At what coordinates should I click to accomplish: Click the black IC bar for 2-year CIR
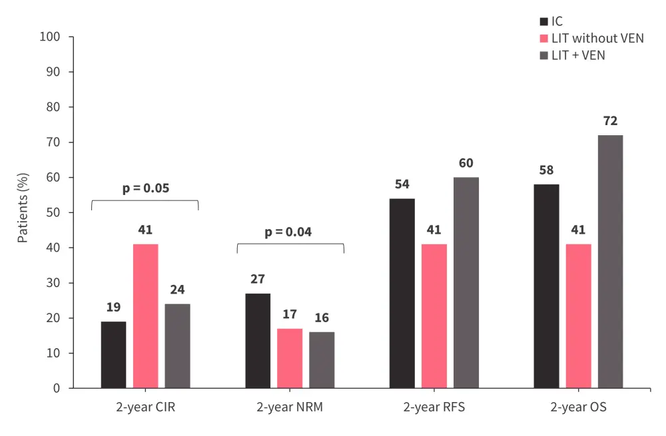pyautogui.click(x=113, y=355)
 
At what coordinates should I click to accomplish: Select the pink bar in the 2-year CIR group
pyautogui.click(x=145, y=316)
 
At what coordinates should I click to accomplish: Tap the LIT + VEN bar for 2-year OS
pyautogui.click(x=610, y=262)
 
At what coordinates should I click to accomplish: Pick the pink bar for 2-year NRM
pyautogui.click(x=290, y=358)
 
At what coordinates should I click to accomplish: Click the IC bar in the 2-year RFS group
pyautogui.click(x=402, y=293)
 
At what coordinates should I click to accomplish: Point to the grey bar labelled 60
pyautogui.click(x=466, y=283)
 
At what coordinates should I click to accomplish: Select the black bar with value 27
pyautogui.click(x=258, y=341)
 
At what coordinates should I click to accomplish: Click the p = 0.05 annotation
pyautogui.click(x=145, y=188)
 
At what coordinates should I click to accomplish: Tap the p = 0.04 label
pyautogui.click(x=288, y=232)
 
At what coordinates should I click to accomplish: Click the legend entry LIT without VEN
pyautogui.click(x=597, y=39)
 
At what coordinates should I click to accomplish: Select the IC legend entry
pyautogui.click(x=557, y=22)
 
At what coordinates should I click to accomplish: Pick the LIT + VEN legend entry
pyautogui.click(x=577, y=55)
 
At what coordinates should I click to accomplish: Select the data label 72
pyautogui.click(x=610, y=121)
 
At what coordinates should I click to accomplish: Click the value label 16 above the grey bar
pyautogui.click(x=322, y=318)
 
